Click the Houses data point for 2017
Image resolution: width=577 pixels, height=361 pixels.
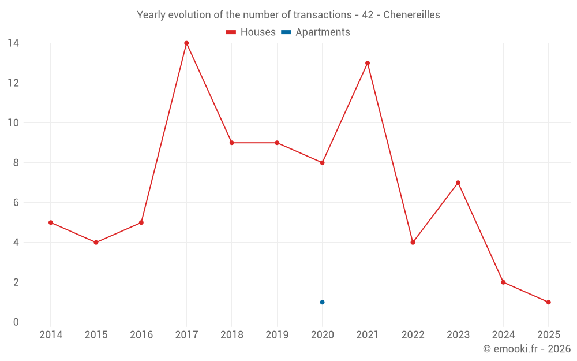[186, 43]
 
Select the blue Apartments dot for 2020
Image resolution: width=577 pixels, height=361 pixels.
[322, 302]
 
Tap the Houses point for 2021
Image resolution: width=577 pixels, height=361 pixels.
[368, 63]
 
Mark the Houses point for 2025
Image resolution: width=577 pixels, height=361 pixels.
[548, 302]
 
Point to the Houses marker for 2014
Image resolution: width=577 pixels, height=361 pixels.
[51, 222]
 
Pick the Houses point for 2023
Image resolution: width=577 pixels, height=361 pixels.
[458, 183]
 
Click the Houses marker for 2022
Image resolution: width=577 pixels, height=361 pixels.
[413, 243]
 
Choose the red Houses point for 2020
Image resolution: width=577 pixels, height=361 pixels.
[322, 162]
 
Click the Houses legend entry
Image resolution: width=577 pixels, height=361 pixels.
[251, 32]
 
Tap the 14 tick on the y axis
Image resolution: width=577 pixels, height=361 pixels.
[13, 43]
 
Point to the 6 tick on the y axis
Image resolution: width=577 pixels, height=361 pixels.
[16, 203]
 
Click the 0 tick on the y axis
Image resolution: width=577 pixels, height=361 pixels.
[16, 322]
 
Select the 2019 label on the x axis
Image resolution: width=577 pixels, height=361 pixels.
[277, 335]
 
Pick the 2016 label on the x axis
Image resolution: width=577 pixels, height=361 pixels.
[141, 335]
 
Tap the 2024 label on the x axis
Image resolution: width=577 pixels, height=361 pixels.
[503, 335]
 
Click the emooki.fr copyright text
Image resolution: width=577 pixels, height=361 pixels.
[526, 349]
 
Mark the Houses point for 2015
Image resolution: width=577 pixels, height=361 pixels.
[96, 243]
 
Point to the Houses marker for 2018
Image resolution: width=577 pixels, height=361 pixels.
[231, 143]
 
